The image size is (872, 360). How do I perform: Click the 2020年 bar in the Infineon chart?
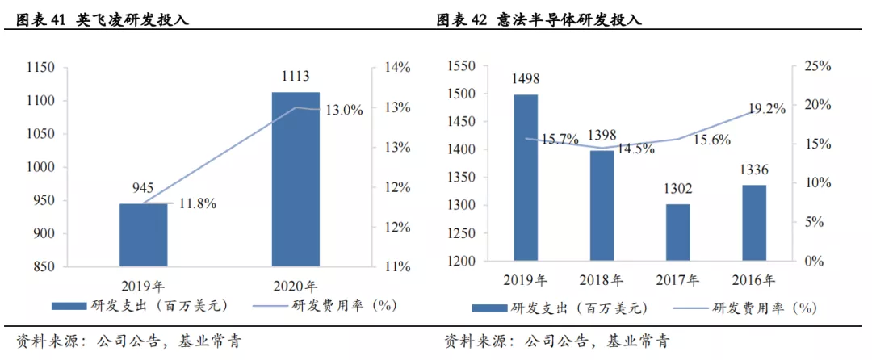tap(295, 179)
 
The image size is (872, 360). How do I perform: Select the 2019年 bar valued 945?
tap(144, 234)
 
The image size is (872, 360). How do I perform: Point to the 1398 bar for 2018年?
tap(602, 205)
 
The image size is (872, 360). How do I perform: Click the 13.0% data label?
tap(344, 110)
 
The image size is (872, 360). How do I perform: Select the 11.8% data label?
tap(196, 204)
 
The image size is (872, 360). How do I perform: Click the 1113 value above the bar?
tap(296, 77)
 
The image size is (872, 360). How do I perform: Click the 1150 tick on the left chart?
tap(40, 68)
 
